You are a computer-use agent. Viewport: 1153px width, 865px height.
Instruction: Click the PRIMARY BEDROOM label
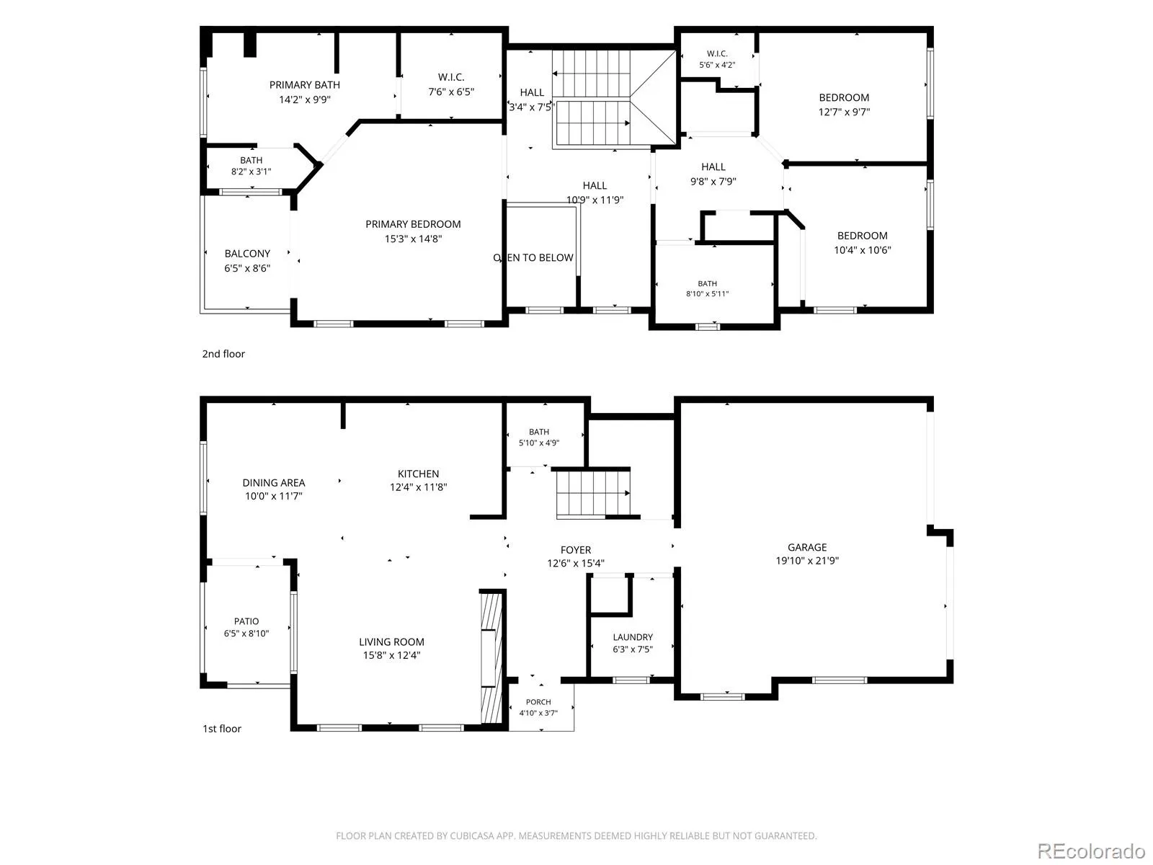click(x=413, y=224)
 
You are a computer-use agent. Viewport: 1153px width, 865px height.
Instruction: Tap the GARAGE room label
click(x=807, y=547)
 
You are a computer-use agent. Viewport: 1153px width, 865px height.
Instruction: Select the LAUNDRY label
click(x=633, y=637)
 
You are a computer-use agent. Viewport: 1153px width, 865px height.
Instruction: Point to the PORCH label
click(x=538, y=701)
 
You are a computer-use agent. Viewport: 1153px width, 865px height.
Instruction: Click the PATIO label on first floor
click(x=246, y=621)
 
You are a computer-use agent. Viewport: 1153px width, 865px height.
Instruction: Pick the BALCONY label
click(x=247, y=254)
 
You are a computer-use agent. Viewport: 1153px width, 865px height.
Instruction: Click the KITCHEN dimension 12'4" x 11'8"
click(x=418, y=487)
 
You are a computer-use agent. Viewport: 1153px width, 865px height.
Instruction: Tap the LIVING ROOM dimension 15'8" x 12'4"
click(x=391, y=655)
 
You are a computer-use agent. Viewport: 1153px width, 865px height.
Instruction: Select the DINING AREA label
click(x=274, y=483)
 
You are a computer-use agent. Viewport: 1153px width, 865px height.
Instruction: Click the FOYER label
click(x=576, y=550)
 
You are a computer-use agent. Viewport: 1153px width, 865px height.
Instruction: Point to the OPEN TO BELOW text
click(x=533, y=258)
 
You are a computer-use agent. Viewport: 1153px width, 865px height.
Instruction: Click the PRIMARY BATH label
click(x=305, y=85)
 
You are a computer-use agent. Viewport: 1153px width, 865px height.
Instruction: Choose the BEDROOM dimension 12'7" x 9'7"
click(x=844, y=112)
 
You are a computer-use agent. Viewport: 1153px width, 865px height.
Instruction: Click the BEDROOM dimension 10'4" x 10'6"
click(x=863, y=250)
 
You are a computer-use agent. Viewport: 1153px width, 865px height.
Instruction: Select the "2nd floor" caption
click(x=223, y=354)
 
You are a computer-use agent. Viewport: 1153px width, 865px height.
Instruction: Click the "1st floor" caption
click(x=222, y=729)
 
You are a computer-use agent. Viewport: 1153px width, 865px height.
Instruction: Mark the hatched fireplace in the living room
click(x=491, y=658)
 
